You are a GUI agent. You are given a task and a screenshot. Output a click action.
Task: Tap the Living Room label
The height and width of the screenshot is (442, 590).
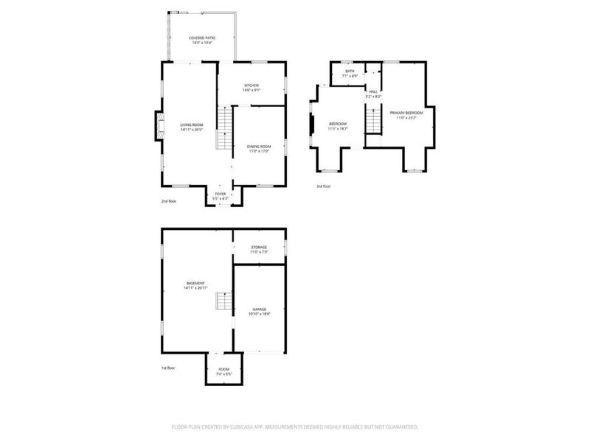(x=191, y=126)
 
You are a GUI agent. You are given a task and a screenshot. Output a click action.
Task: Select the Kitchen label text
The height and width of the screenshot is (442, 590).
(x=251, y=87)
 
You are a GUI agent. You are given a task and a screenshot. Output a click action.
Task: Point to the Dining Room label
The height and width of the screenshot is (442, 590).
(x=259, y=149)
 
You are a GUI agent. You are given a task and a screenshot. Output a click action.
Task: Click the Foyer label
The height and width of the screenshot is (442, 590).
(x=221, y=195)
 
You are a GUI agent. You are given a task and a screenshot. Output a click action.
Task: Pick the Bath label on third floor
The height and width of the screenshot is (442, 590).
(x=350, y=73)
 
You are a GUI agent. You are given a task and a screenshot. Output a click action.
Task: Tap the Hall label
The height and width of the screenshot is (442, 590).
(x=373, y=94)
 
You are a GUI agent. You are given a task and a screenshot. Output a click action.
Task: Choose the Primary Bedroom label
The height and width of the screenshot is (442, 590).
(x=406, y=114)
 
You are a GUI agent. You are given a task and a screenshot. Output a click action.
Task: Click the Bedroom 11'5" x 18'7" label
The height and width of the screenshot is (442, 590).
(x=338, y=125)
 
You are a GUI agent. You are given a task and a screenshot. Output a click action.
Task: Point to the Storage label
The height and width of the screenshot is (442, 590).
(x=258, y=249)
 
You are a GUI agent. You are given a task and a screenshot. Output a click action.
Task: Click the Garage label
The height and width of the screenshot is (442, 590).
(x=259, y=311)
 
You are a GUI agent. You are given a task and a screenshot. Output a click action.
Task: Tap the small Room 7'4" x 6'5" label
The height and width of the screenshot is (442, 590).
(x=223, y=371)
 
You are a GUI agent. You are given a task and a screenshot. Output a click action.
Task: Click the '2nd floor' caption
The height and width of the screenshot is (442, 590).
(x=170, y=201)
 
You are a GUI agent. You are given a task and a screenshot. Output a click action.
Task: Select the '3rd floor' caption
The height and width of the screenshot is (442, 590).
(x=323, y=186)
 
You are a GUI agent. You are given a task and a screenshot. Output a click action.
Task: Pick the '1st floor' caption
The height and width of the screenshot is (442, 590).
(x=169, y=368)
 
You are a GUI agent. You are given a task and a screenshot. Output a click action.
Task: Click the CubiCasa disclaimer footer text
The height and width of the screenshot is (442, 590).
(x=295, y=426)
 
